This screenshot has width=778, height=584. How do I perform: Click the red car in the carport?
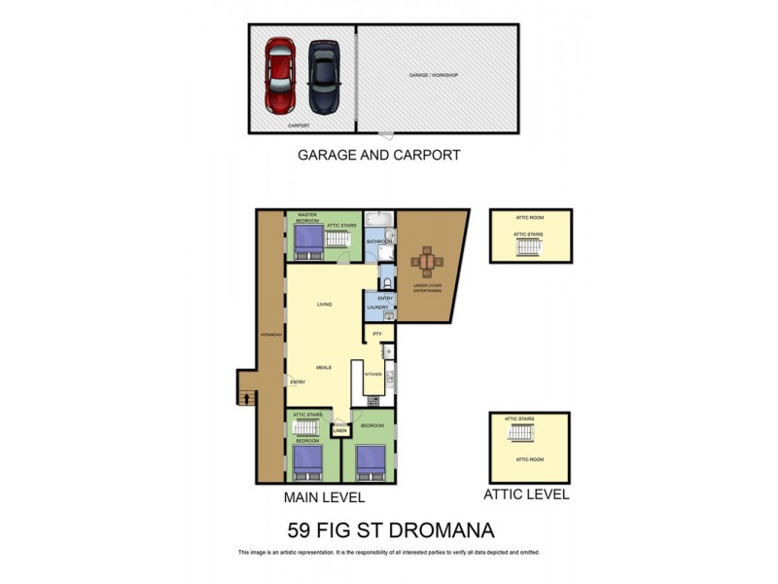280,77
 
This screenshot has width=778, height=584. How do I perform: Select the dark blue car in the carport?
324,77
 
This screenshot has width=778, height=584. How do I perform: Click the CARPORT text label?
298,126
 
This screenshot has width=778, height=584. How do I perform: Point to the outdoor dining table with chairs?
426,262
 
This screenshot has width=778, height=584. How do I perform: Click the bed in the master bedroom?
306,239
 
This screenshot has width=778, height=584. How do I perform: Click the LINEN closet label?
339,429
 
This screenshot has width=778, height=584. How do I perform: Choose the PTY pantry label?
376,334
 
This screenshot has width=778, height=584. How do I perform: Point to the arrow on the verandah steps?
246,397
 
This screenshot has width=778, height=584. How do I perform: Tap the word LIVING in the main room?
325,305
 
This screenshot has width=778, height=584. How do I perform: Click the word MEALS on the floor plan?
324,367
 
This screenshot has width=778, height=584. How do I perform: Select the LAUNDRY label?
378,308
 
